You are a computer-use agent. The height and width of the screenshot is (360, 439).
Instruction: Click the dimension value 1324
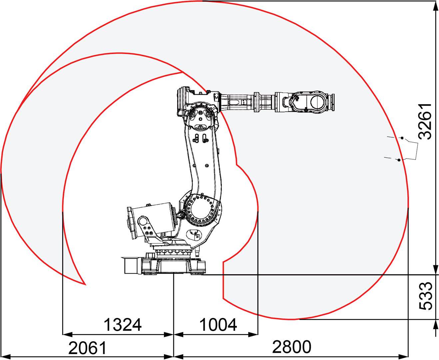tap(123, 325)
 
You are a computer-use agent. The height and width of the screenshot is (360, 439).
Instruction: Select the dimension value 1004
tap(218, 325)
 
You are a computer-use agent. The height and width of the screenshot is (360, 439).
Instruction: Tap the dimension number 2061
tap(87, 348)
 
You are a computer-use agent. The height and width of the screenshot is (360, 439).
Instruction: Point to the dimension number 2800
tap(292, 347)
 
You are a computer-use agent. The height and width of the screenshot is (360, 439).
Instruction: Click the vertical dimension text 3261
tap(425, 121)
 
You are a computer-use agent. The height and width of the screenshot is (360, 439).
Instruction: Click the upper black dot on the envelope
tap(402, 138)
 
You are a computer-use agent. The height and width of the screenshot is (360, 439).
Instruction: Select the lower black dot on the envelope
tap(399, 160)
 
